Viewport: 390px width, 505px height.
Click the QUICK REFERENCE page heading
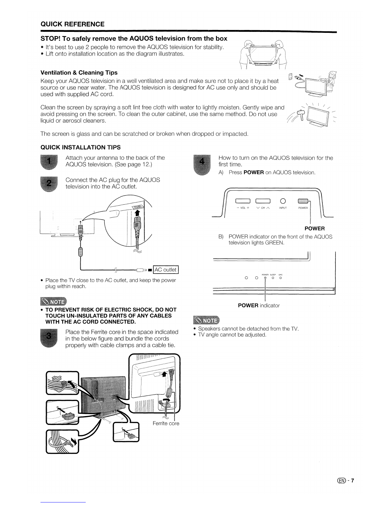[72, 24]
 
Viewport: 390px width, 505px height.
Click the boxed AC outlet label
[166, 270]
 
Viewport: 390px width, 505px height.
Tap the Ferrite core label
[166, 423]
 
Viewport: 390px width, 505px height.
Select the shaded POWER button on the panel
[303, 201]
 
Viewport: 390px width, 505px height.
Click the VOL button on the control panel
[243, 201]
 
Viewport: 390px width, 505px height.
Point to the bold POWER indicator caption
[258, 305]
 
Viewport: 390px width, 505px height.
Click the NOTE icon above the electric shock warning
[53, 302]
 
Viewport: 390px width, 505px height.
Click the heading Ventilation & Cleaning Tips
[79, 73]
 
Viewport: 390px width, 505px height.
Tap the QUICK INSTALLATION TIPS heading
[81, 147]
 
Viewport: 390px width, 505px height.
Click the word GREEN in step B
[274, 243]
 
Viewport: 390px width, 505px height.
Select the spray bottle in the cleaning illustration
[300, 113]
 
